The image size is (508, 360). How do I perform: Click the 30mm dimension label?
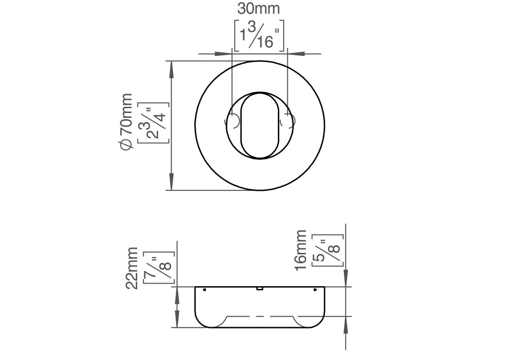(258, 9)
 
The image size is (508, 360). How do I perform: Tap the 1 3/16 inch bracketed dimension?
(259, 36)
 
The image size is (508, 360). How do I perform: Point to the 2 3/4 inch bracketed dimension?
(153, 122)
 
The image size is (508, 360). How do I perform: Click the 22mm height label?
(132, 268)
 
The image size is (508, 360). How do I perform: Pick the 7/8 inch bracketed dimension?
(159, 268)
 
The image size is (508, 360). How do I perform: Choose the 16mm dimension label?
(300, 250)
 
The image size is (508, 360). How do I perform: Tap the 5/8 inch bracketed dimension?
(327, 250)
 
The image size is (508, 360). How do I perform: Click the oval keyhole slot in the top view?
(259, 126)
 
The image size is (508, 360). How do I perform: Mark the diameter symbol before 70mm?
(126, 144)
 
